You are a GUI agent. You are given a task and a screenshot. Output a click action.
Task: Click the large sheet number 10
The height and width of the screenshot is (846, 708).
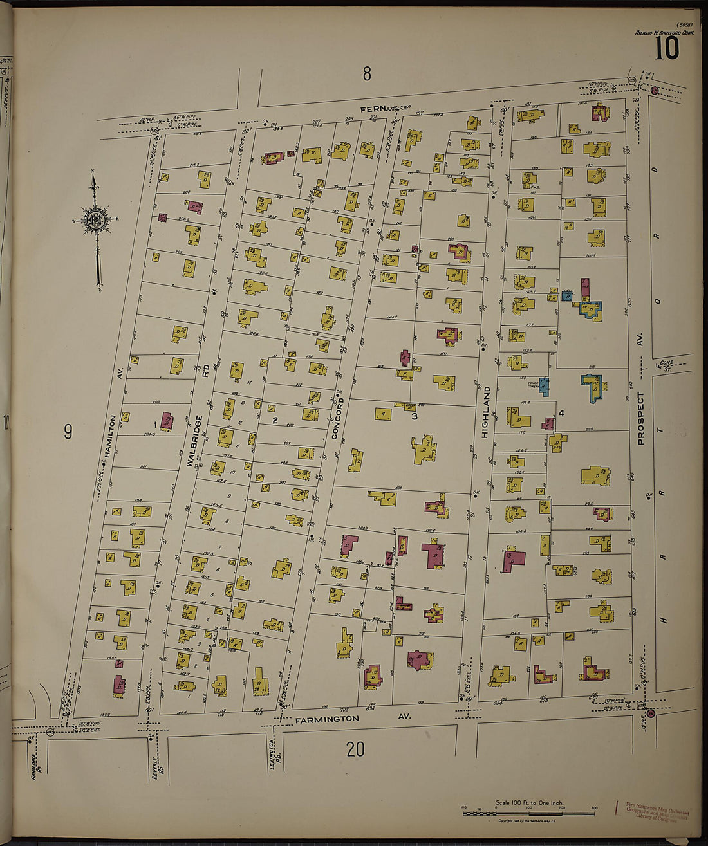(x=667, y=48)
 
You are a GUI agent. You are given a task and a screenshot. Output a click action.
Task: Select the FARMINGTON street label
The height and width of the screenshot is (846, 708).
(x=327, y=719)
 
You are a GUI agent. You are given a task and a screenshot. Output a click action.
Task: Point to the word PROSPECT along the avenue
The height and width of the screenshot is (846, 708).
(x=640, y=418)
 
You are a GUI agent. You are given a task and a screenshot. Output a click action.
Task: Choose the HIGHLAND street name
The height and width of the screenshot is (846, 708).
(x=486, y=412)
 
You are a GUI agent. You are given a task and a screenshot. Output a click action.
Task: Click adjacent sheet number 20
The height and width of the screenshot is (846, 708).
(x=355, y=749)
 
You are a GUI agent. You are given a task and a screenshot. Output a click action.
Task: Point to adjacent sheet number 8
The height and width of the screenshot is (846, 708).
(x=366, y=74)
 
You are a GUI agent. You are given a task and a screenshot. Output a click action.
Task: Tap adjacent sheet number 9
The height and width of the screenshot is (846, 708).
(x=68, y=432)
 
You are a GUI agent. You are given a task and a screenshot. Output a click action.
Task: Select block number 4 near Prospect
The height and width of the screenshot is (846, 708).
(x=562, y=412)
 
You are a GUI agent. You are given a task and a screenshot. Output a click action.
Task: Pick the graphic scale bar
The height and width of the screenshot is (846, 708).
(x=528, y=813)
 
